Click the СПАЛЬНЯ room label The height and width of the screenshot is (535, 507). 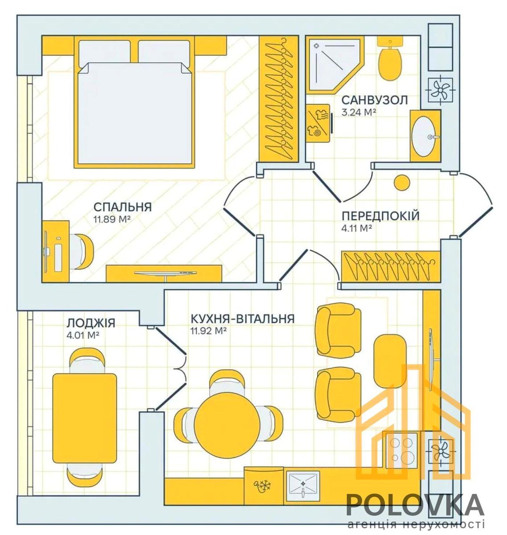[123, 207]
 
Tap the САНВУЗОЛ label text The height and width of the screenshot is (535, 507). [375, 100]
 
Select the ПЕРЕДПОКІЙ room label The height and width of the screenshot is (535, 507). [380, 216]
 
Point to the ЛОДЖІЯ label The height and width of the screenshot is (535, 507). [91, 323]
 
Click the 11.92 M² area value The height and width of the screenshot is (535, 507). [209, 331]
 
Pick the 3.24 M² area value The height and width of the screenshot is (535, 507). [359, 112]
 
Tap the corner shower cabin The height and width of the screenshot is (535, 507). [335, 65]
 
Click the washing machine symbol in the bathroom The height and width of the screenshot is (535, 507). [318, 123]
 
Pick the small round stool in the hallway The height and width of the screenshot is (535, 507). [402, 183]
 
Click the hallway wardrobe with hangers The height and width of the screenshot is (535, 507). [390, 266]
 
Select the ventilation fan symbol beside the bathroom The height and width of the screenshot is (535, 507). [441, 90]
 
